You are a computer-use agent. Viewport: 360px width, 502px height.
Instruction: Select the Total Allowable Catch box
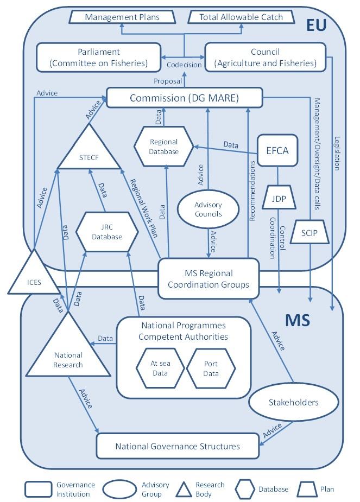click(241, 17)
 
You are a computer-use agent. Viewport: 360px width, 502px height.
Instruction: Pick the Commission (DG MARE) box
click(184, 98)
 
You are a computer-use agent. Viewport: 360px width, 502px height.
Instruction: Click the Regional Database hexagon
click(164, 147)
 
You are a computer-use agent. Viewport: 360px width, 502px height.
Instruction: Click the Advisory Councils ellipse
click(208, 209)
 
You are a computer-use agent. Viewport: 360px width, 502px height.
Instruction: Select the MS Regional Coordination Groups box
click(208, 278)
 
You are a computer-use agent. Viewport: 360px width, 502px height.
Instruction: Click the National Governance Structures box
click(177, 447)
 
